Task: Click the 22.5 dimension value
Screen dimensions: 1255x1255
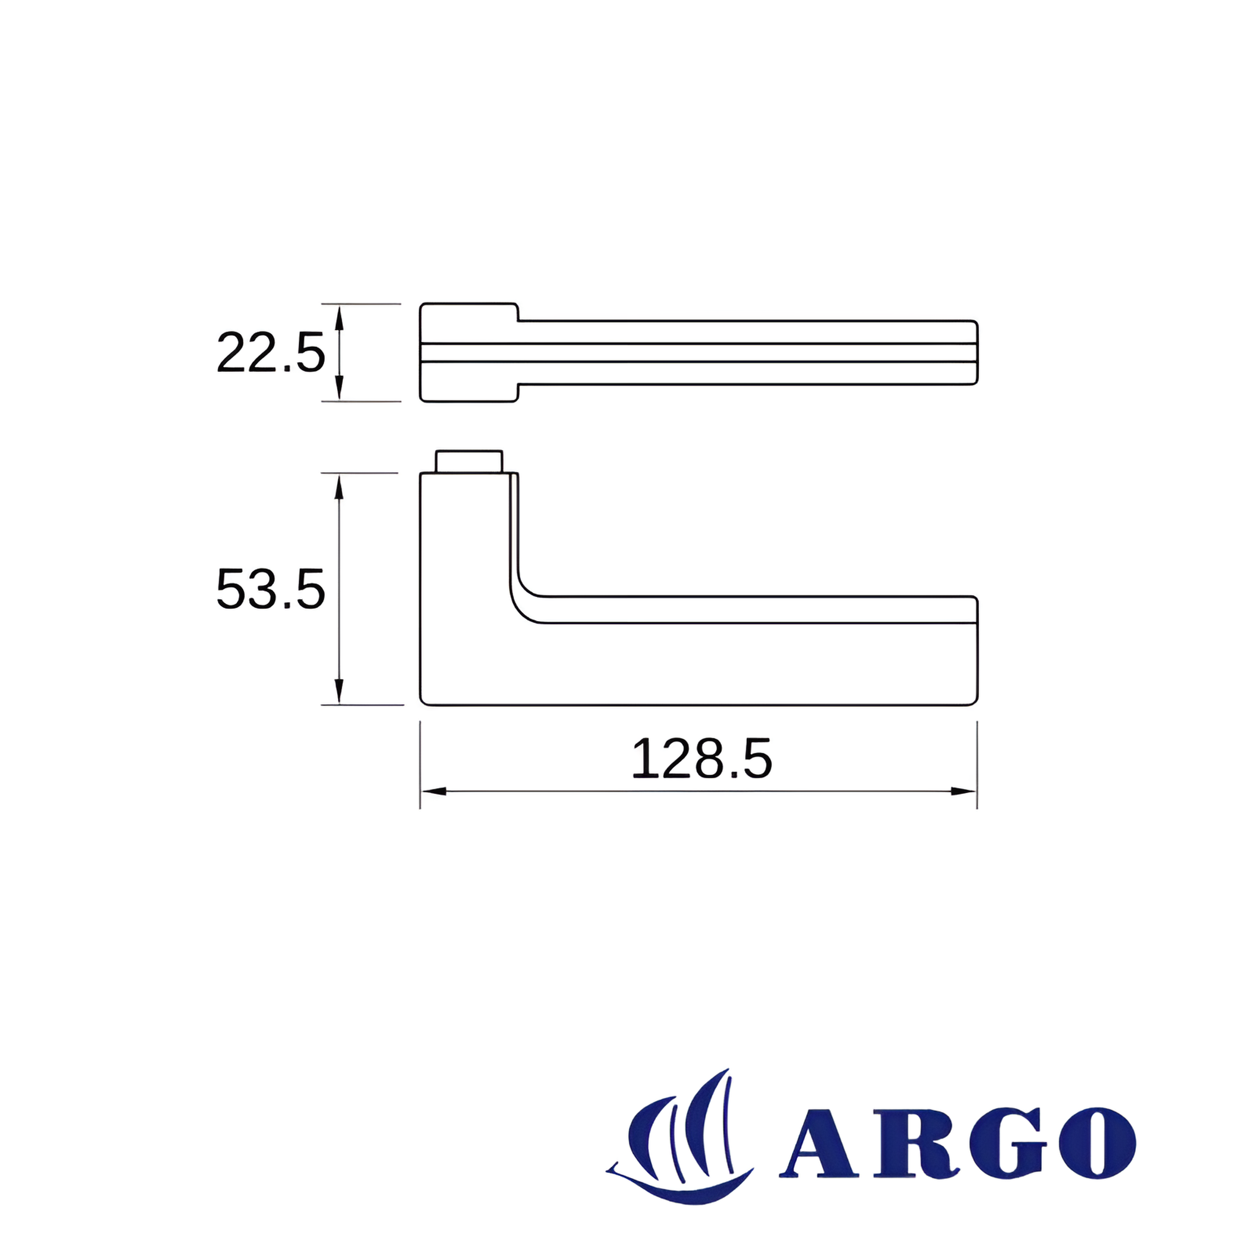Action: pyautogui.click(x=270, y=353)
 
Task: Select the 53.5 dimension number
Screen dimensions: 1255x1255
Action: pyautogui.click(x=270, y=589)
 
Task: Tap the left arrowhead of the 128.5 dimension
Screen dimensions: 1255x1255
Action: pyautogui.click(x=434, y=791)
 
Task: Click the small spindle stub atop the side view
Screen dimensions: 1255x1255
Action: pyautogui.click(x=469, y=461)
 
